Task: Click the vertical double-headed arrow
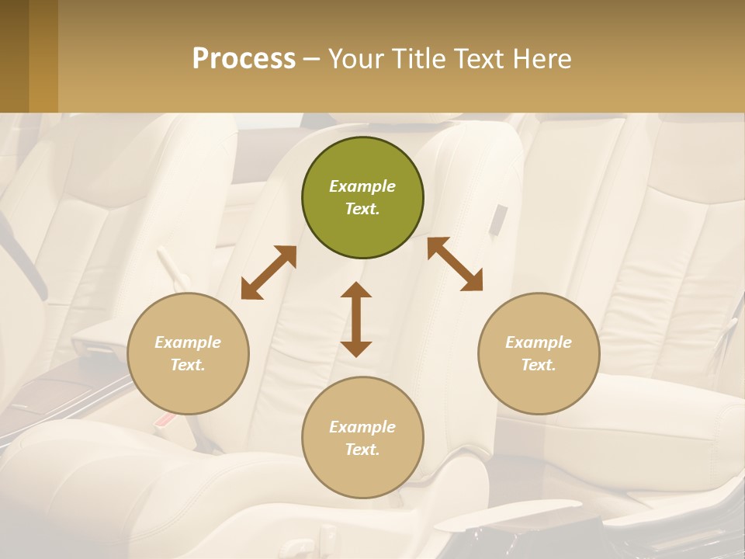tap(356, 319)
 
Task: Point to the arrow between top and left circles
tap(269, 273)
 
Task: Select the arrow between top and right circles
tap(455, 264)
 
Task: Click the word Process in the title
tap(244, 58)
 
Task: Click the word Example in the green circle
tap(362, 186)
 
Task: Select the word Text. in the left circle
tap(188, 365)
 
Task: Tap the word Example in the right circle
tap(539, 342)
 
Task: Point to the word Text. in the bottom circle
tap(362, 450)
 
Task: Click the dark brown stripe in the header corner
tap(14, 56)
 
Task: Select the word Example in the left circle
tap(188, 342)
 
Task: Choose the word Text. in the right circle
tap(539, 365)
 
